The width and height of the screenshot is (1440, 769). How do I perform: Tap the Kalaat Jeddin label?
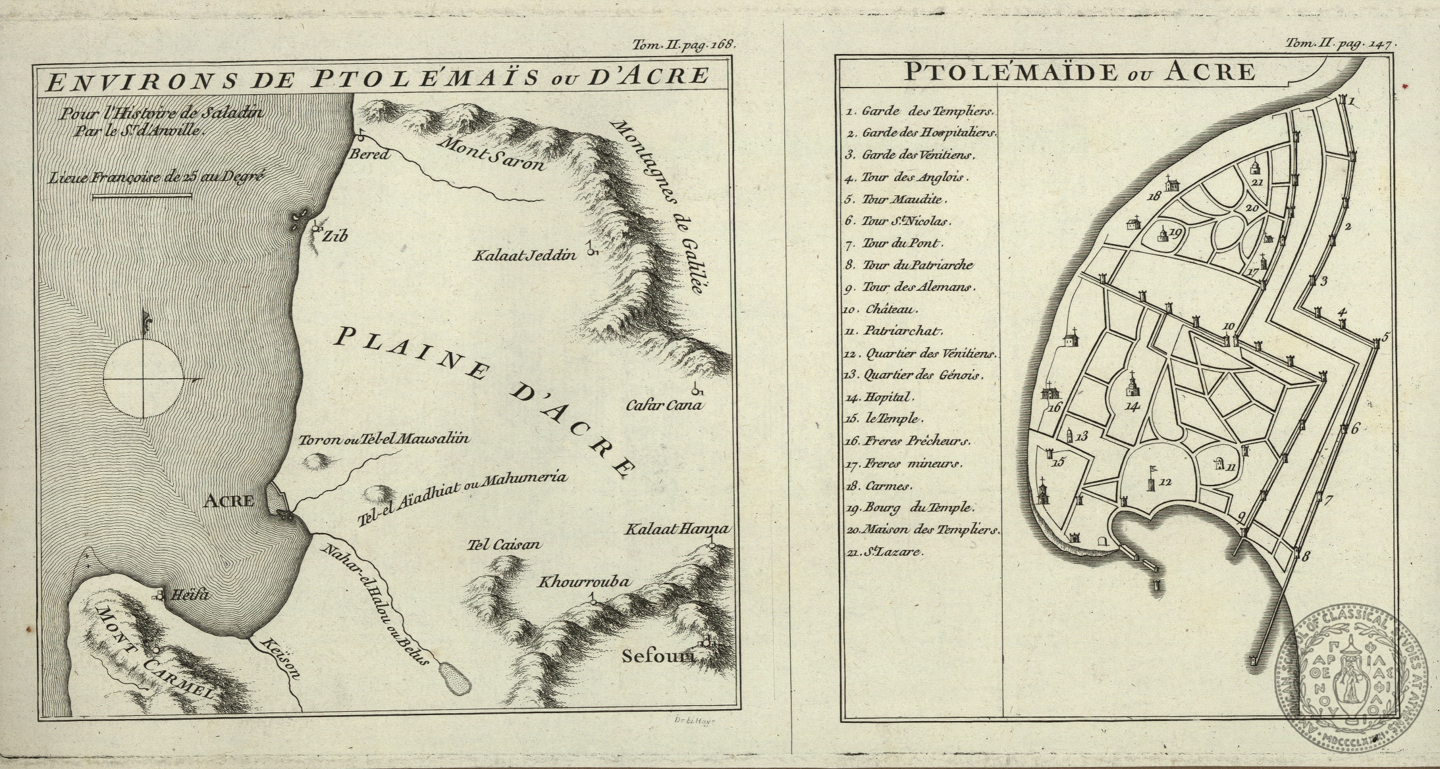tap(524, 255)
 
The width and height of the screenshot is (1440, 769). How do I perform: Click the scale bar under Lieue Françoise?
tap(142, 195)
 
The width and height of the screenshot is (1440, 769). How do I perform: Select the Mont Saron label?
tap(491, 153)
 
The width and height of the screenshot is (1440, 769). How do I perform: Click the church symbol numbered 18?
tap(1170, 184)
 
